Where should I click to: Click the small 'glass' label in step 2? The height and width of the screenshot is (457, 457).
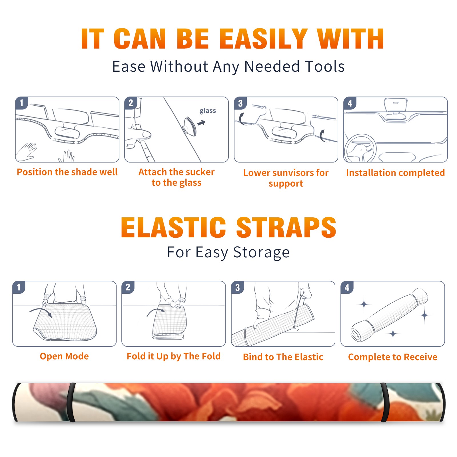(208, 111)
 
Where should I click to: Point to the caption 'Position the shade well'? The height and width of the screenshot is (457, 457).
(67, 172)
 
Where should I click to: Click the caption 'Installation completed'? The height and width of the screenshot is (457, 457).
(395, 173)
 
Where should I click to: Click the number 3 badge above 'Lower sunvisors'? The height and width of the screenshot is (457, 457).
(240, 103)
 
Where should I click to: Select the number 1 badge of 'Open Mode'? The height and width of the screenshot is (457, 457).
(19, 287)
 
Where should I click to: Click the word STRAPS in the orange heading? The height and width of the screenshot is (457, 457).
(286, 227)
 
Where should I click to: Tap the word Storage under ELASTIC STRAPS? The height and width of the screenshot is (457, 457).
(261, 252)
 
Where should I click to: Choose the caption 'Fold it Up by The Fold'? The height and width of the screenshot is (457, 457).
(174, 356)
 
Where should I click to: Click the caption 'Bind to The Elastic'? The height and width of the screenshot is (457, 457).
(283, 357)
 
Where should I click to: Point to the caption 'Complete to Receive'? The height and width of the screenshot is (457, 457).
(393, 357)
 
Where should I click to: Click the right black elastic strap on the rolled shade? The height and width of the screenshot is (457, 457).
(385, 402)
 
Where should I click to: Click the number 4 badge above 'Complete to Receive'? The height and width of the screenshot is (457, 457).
(347, 287)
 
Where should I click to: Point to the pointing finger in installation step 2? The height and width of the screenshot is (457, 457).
(138, 134)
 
